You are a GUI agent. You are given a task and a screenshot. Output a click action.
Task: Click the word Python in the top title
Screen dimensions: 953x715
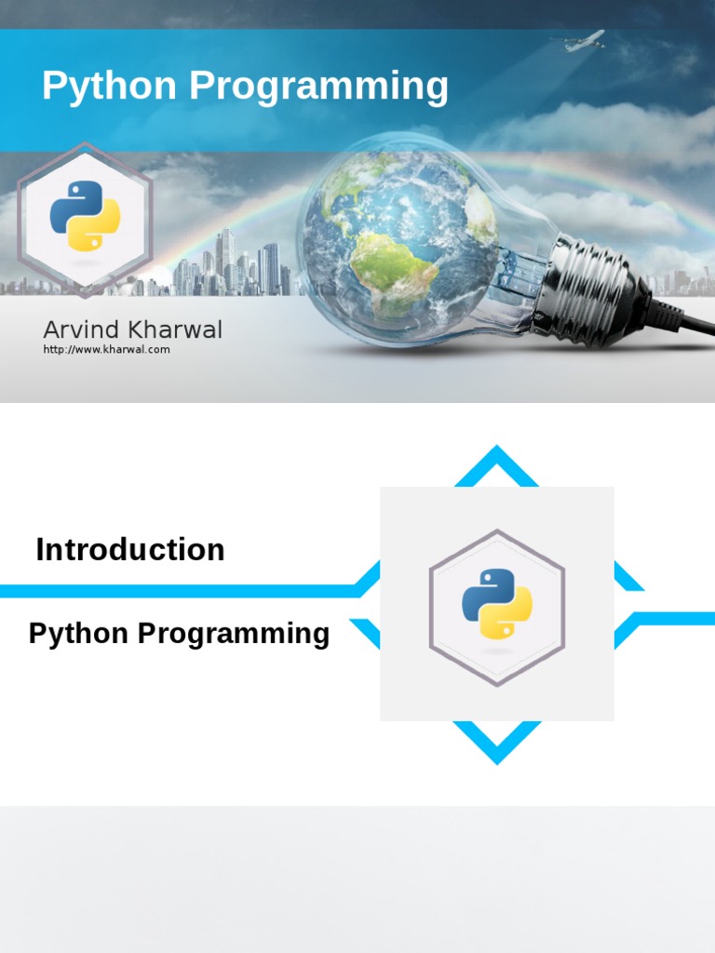109,87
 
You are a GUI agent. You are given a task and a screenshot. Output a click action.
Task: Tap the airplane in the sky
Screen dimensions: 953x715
585,41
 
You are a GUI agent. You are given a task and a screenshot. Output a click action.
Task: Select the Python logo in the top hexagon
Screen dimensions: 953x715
85,216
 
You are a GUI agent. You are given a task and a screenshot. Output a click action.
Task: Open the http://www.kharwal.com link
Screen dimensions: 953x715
106,350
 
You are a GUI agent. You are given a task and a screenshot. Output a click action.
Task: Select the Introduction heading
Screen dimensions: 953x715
130,550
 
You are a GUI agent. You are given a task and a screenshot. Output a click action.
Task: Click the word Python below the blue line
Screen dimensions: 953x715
78,634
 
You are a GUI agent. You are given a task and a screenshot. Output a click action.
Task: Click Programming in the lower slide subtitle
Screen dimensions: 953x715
234,635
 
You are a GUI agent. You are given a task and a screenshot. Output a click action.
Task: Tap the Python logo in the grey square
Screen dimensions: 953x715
496,604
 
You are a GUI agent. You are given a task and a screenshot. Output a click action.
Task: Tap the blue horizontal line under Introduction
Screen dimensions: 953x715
177,591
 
